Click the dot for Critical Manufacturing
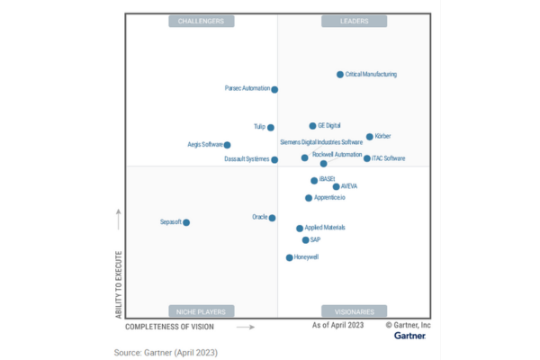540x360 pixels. (x=340, y=75)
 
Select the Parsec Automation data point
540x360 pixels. (x=274, y=89)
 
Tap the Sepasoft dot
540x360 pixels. (x=186, y=222)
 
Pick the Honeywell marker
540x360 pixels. (x=289, y=257)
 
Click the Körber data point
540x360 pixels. (x=370, y=137)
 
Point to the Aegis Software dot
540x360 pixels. (x=227, y=145)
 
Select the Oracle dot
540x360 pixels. (x=272, y=218)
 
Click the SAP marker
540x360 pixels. (x=305, y=240)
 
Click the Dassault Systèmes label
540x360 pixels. (x=247, y=159)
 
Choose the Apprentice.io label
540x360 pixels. (x=330, y=197)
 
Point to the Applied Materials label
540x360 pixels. (x=325, y=228)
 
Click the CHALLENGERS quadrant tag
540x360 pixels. (x=202, y=21)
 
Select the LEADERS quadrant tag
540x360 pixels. (x=354, y=21)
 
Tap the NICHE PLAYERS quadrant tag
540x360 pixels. (x=202, y=310)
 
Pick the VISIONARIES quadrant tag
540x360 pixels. (x=354, y=310)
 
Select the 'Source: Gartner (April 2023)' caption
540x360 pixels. (x=165, y=352)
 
